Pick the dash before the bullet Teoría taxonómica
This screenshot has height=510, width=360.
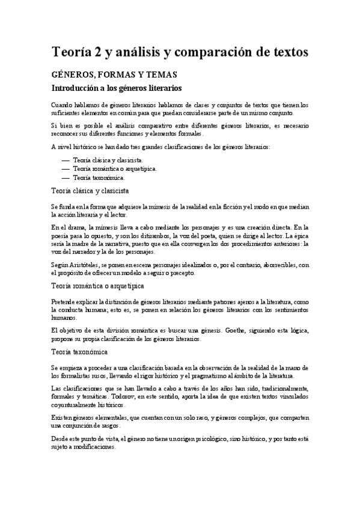coord(66,178)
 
